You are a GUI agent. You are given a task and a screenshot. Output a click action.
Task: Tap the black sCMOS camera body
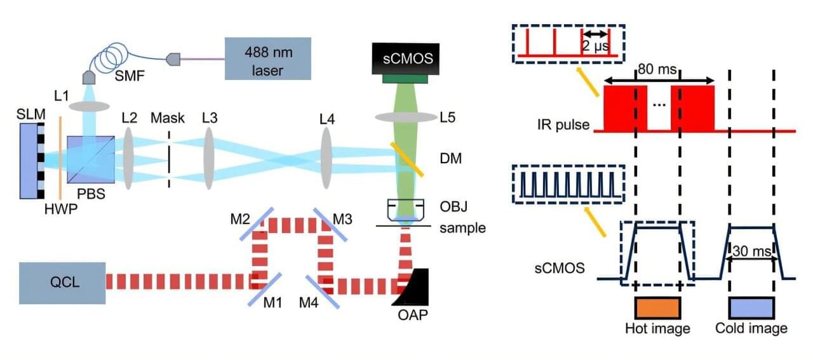pyautogui.click(x=409, y=59)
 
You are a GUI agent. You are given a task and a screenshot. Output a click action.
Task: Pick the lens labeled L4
pyautogui.click(x=327, y=160)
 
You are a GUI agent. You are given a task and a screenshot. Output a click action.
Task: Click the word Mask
pyautogui.click(x=167, y=117)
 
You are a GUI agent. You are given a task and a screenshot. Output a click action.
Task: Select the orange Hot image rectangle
pyautogui.click(x=657, y=307)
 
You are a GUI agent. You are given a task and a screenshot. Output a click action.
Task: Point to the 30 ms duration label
pyautogui.click(x=751, y=251)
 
